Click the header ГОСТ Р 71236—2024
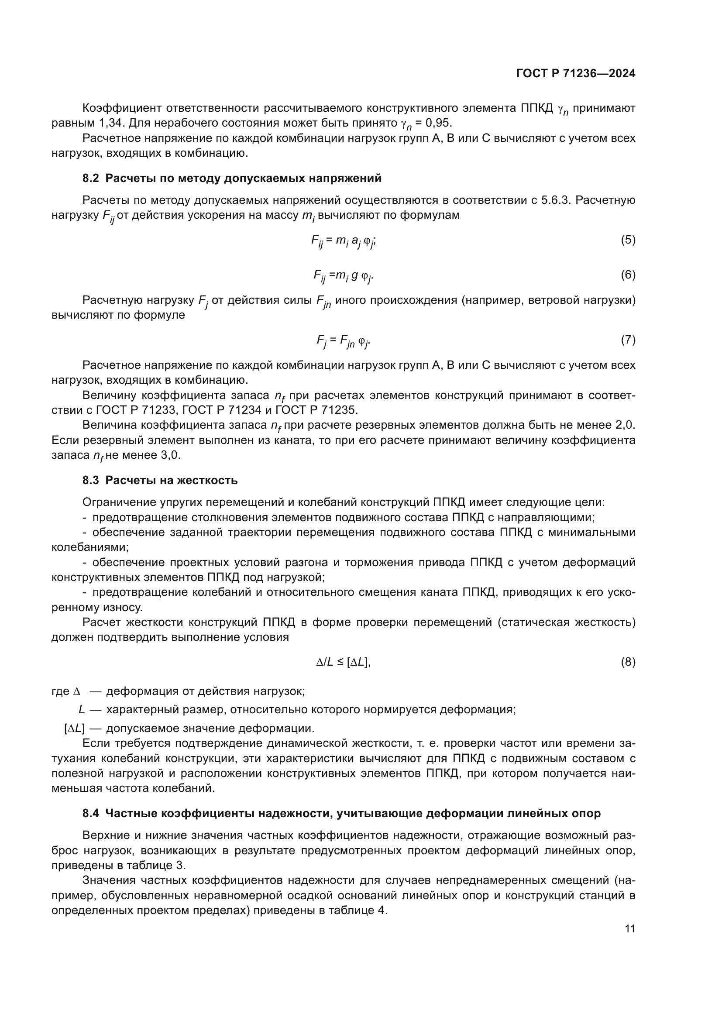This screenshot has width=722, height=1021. point(575,74)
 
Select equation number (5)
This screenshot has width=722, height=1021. point(628,240)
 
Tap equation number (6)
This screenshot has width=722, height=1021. point(628,275)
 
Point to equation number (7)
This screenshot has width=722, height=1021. point(628,340)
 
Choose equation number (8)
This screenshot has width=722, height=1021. point(628,662)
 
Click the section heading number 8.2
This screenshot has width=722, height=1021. point(91,179)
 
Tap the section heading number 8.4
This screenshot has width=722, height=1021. point(91,813)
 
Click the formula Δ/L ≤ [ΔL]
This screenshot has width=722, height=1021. point(343,662)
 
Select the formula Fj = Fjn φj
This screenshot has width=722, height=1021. point(343,341)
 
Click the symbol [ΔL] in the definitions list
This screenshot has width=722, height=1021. point(74,729)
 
